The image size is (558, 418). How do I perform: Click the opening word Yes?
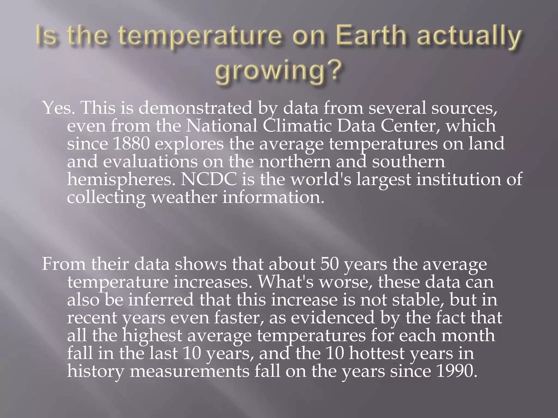pyautogui.click(x=59, y=108)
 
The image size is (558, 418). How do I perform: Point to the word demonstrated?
pyautogui.click(x=196, y=108)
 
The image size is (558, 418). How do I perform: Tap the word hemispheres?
pyautogui.click(x=122, y=180)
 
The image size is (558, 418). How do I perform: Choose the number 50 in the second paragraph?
pyautogui.click(x=329, y=264)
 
